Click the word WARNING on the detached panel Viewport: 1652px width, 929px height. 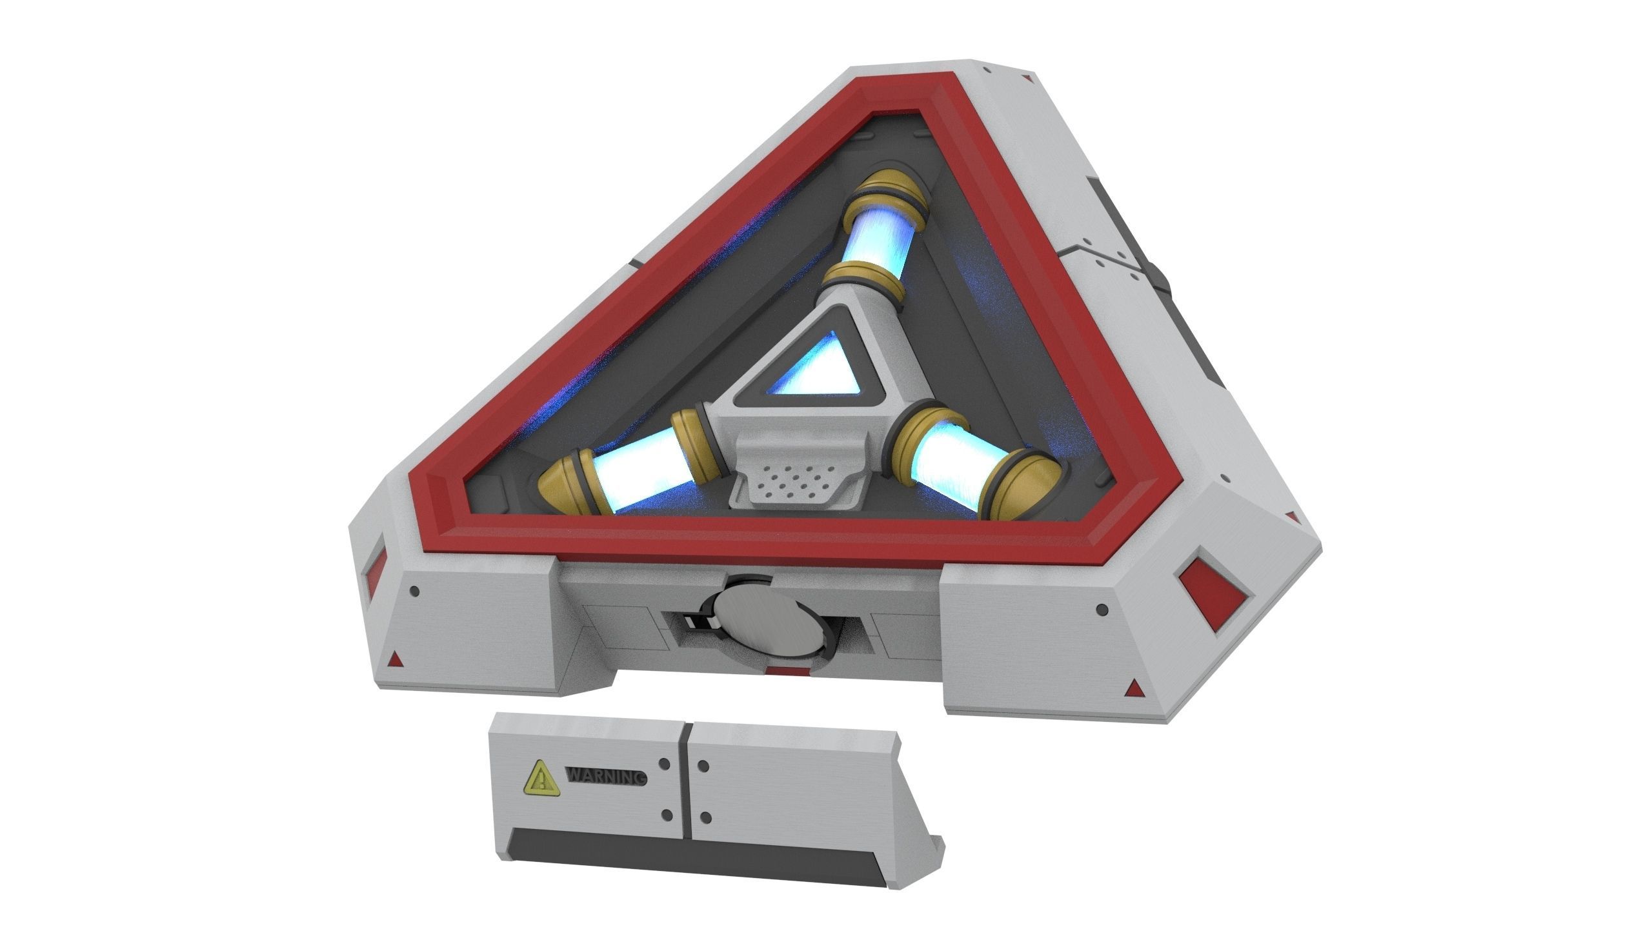click(x=605, y=777)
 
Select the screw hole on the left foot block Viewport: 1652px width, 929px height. click(x=416, y=591)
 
